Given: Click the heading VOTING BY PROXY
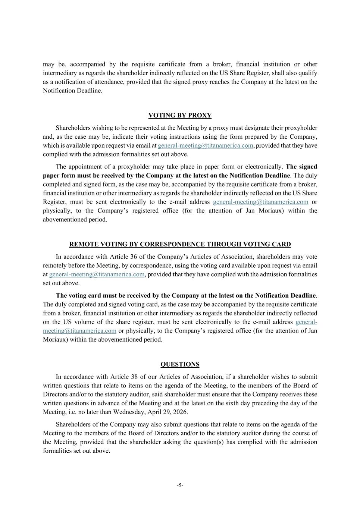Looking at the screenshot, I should (x=180, y=116).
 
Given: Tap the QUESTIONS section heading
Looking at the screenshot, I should (x=180, y=364).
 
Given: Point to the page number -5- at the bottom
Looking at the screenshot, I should (x=180, y=485).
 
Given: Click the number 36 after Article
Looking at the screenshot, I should (x=134, y=257).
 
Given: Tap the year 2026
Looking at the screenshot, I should (x=180, y=412).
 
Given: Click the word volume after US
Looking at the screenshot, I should (x=84, y=322).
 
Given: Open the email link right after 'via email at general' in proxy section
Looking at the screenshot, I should (x=205, y=146).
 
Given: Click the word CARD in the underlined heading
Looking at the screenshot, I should (x=282, y=245).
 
